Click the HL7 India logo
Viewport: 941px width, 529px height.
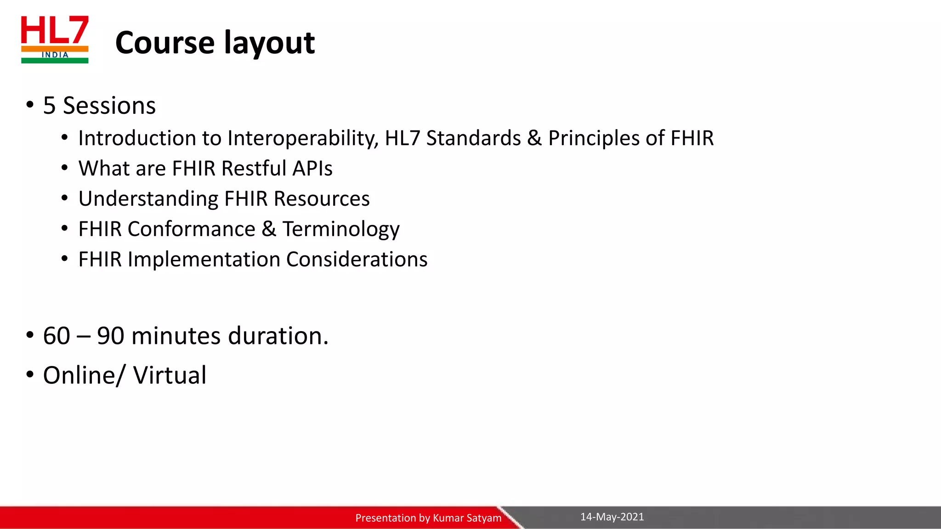tap(55, 39)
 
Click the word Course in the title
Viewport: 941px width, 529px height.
tap(165, 43)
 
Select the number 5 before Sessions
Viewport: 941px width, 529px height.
tap(49, 106)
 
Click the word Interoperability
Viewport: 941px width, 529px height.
tap(302, 138)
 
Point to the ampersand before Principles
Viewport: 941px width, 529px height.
tap(534, 138)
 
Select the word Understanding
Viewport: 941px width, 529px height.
tap(148, 199)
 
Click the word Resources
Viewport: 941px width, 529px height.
tap(322, 199)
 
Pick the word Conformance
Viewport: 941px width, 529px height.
tap(191, 229)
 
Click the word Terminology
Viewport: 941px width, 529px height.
tap(341, 229)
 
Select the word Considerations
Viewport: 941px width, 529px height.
tap(357, 259)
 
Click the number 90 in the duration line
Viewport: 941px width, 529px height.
tap(111, 336)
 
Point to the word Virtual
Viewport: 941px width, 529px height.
tap(170, 375)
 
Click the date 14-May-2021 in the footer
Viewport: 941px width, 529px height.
tap(612, 517)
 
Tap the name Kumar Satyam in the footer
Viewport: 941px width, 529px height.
tap(467, 518)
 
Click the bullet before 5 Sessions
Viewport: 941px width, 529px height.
tap(30, 105)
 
